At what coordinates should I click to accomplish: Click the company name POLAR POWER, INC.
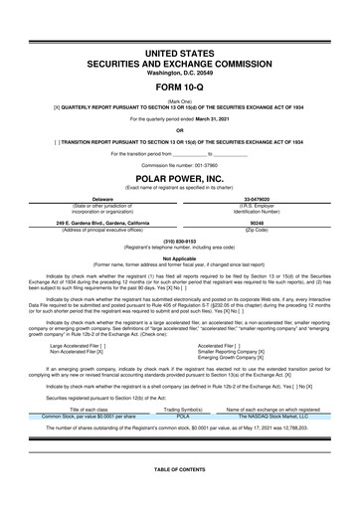point(180,181)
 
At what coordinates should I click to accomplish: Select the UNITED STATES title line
point(180,51)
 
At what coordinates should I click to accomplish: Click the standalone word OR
point(180,130)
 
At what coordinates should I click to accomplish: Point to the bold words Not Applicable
point(180,255)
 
